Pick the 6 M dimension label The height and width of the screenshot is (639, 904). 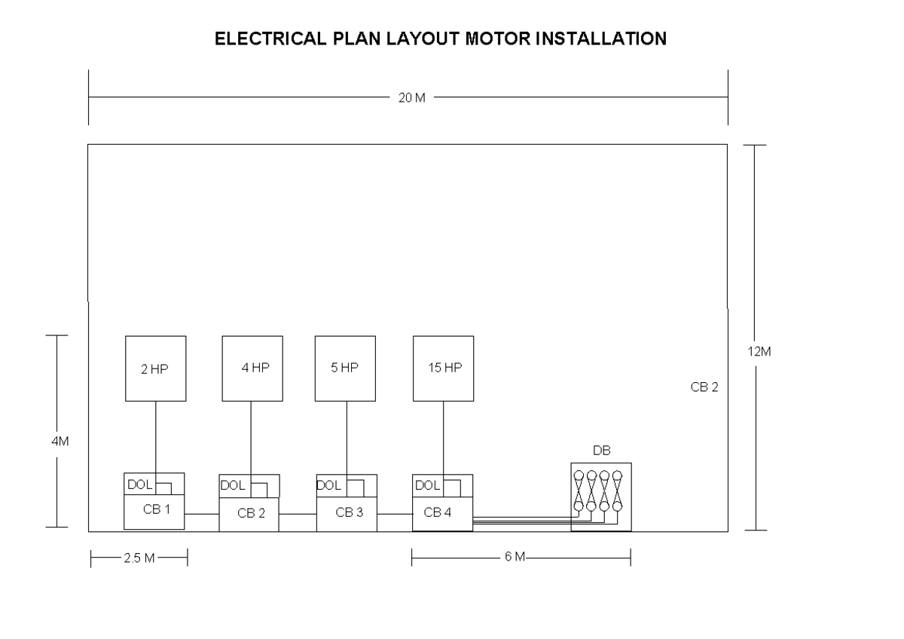click(515, 558)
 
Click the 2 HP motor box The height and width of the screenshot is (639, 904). click(155, 368)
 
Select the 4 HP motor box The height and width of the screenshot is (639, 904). click(252, 368)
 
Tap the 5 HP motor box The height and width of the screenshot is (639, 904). click(346, 368)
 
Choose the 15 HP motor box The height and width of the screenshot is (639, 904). click(443, 368)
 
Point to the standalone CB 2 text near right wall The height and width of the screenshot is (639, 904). click(704, 388)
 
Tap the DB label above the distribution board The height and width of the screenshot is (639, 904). click(601, 451)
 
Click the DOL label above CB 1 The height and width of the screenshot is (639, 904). click(139, 485)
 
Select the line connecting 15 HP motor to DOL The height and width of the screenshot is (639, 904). click(443, 438)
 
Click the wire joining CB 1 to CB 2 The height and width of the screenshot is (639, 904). click(202, 514)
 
